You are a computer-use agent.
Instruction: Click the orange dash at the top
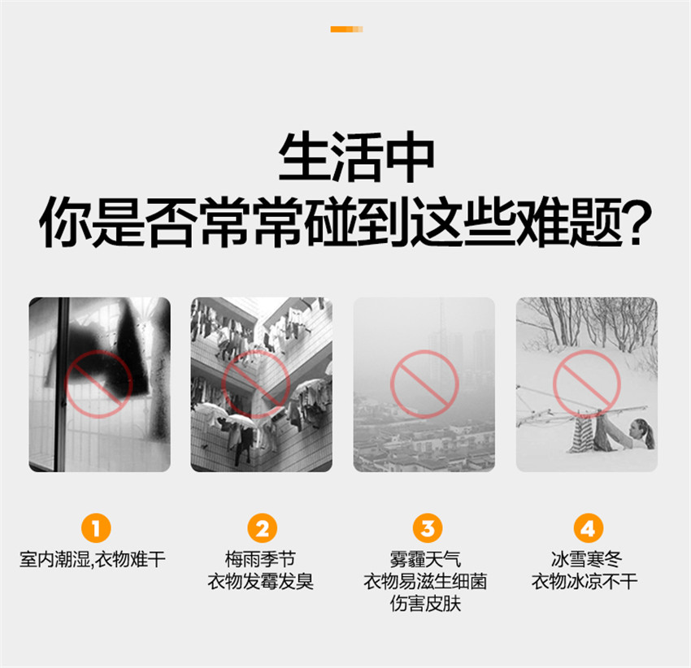click(x=347, y=29)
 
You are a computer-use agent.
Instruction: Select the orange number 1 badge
click(x=96, y=528)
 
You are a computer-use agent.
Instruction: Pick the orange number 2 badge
click(x=263, y=528)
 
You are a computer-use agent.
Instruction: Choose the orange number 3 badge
click(x=428, y=528)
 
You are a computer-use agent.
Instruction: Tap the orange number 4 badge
click(x=588, y=528)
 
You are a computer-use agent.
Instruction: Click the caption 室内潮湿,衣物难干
click(x=93, y=560)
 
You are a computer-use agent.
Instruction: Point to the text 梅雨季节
click(x=260, y=560)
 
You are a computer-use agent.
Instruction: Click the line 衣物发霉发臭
click(x=260, y=582)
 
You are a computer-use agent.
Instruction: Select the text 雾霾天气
click(x=425, y=560)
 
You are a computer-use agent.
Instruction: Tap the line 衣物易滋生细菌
click(x=425, y=582)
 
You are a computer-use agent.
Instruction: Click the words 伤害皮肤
click(x=425, y=604)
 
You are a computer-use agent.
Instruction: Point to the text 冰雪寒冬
click(x=586, y=560)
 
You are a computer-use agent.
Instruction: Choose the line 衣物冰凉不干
click(x=585, y=582)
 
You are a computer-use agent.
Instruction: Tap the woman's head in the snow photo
click(x=641, y=430)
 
